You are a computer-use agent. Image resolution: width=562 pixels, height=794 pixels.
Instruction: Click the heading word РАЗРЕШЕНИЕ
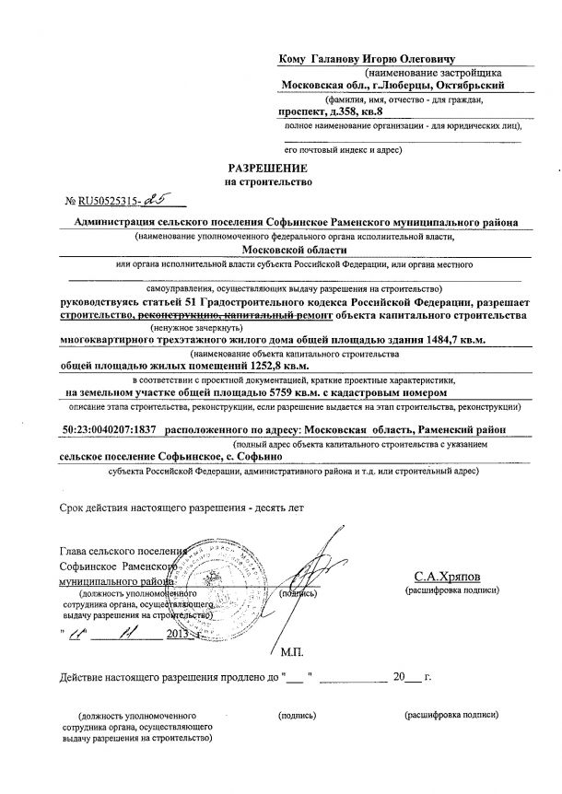tap(271, 169)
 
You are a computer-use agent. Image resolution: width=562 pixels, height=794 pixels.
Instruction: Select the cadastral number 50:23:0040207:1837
tap(103, 429)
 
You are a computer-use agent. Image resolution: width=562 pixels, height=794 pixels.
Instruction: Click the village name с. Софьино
tap(262, 455)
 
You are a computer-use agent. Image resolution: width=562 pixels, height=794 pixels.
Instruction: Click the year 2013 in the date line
tap(178, 636)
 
